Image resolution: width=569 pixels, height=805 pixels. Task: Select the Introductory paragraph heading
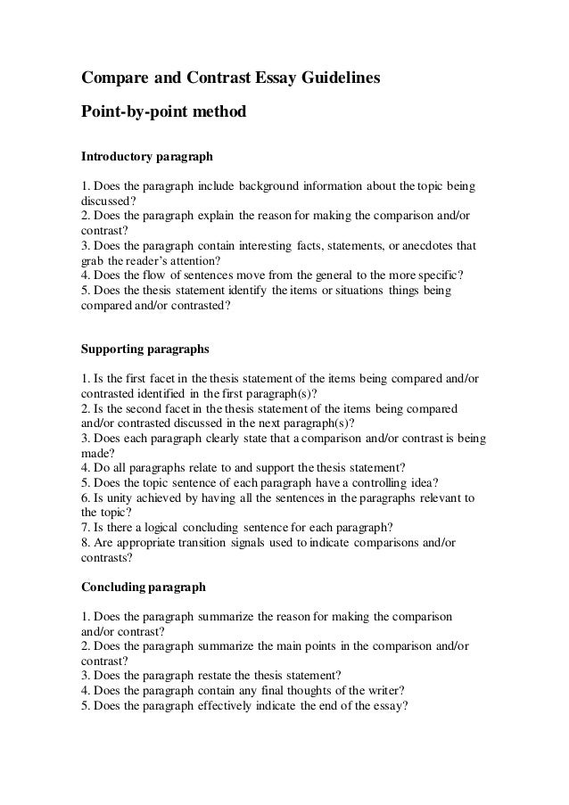click(147, 157)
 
